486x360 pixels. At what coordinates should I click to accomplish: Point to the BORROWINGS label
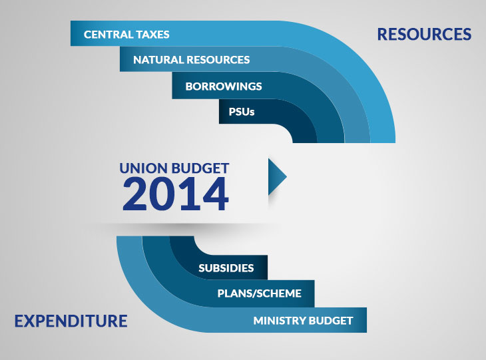[224, 86]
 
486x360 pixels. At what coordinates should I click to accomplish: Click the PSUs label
[242, 112]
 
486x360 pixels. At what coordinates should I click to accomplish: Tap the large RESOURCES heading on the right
[424, 34]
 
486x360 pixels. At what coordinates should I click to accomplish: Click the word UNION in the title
[144, 168]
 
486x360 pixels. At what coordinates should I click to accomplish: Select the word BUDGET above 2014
[200, 168]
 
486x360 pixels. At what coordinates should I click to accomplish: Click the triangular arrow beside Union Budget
[276, 176]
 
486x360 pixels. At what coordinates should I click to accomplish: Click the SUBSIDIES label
[226, 268]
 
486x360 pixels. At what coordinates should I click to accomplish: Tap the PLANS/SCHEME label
[260, 293]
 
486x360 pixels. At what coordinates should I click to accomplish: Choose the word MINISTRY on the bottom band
[279, 321]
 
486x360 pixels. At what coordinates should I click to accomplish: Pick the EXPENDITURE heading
[71, 321]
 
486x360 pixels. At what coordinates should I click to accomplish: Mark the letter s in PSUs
[252, 112]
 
